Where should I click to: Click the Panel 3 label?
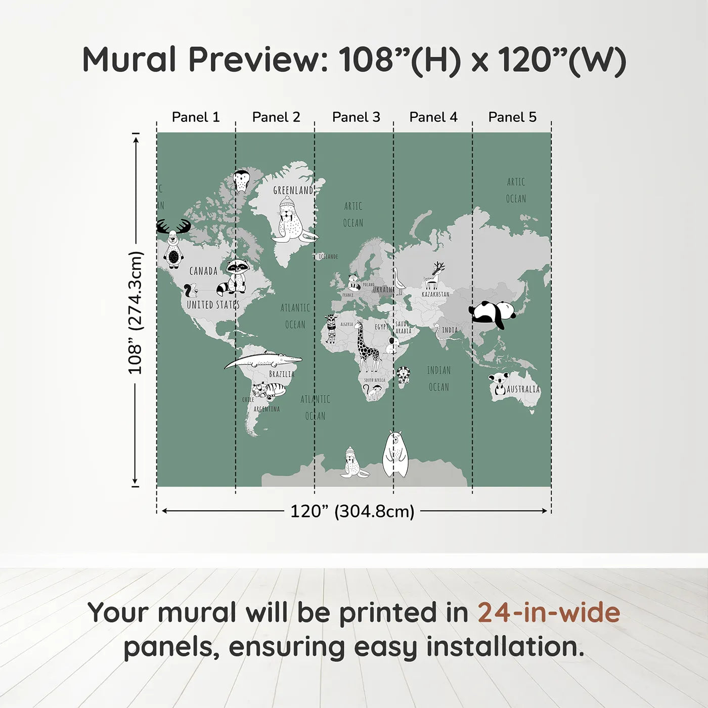[356, 117]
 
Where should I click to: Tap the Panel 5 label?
[512, 117]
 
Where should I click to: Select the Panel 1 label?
[196, 117]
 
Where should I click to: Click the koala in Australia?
[498, 383]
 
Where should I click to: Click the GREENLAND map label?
[293, 190]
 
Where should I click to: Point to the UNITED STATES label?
[213, 304]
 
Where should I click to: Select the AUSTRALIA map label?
[523, 389]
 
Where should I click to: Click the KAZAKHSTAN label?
[435, 294]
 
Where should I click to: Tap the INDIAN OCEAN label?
[438, 378]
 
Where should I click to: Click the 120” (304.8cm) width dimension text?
[352, 511]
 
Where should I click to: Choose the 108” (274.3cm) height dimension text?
[136, 313]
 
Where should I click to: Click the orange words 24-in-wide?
[549, 612]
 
